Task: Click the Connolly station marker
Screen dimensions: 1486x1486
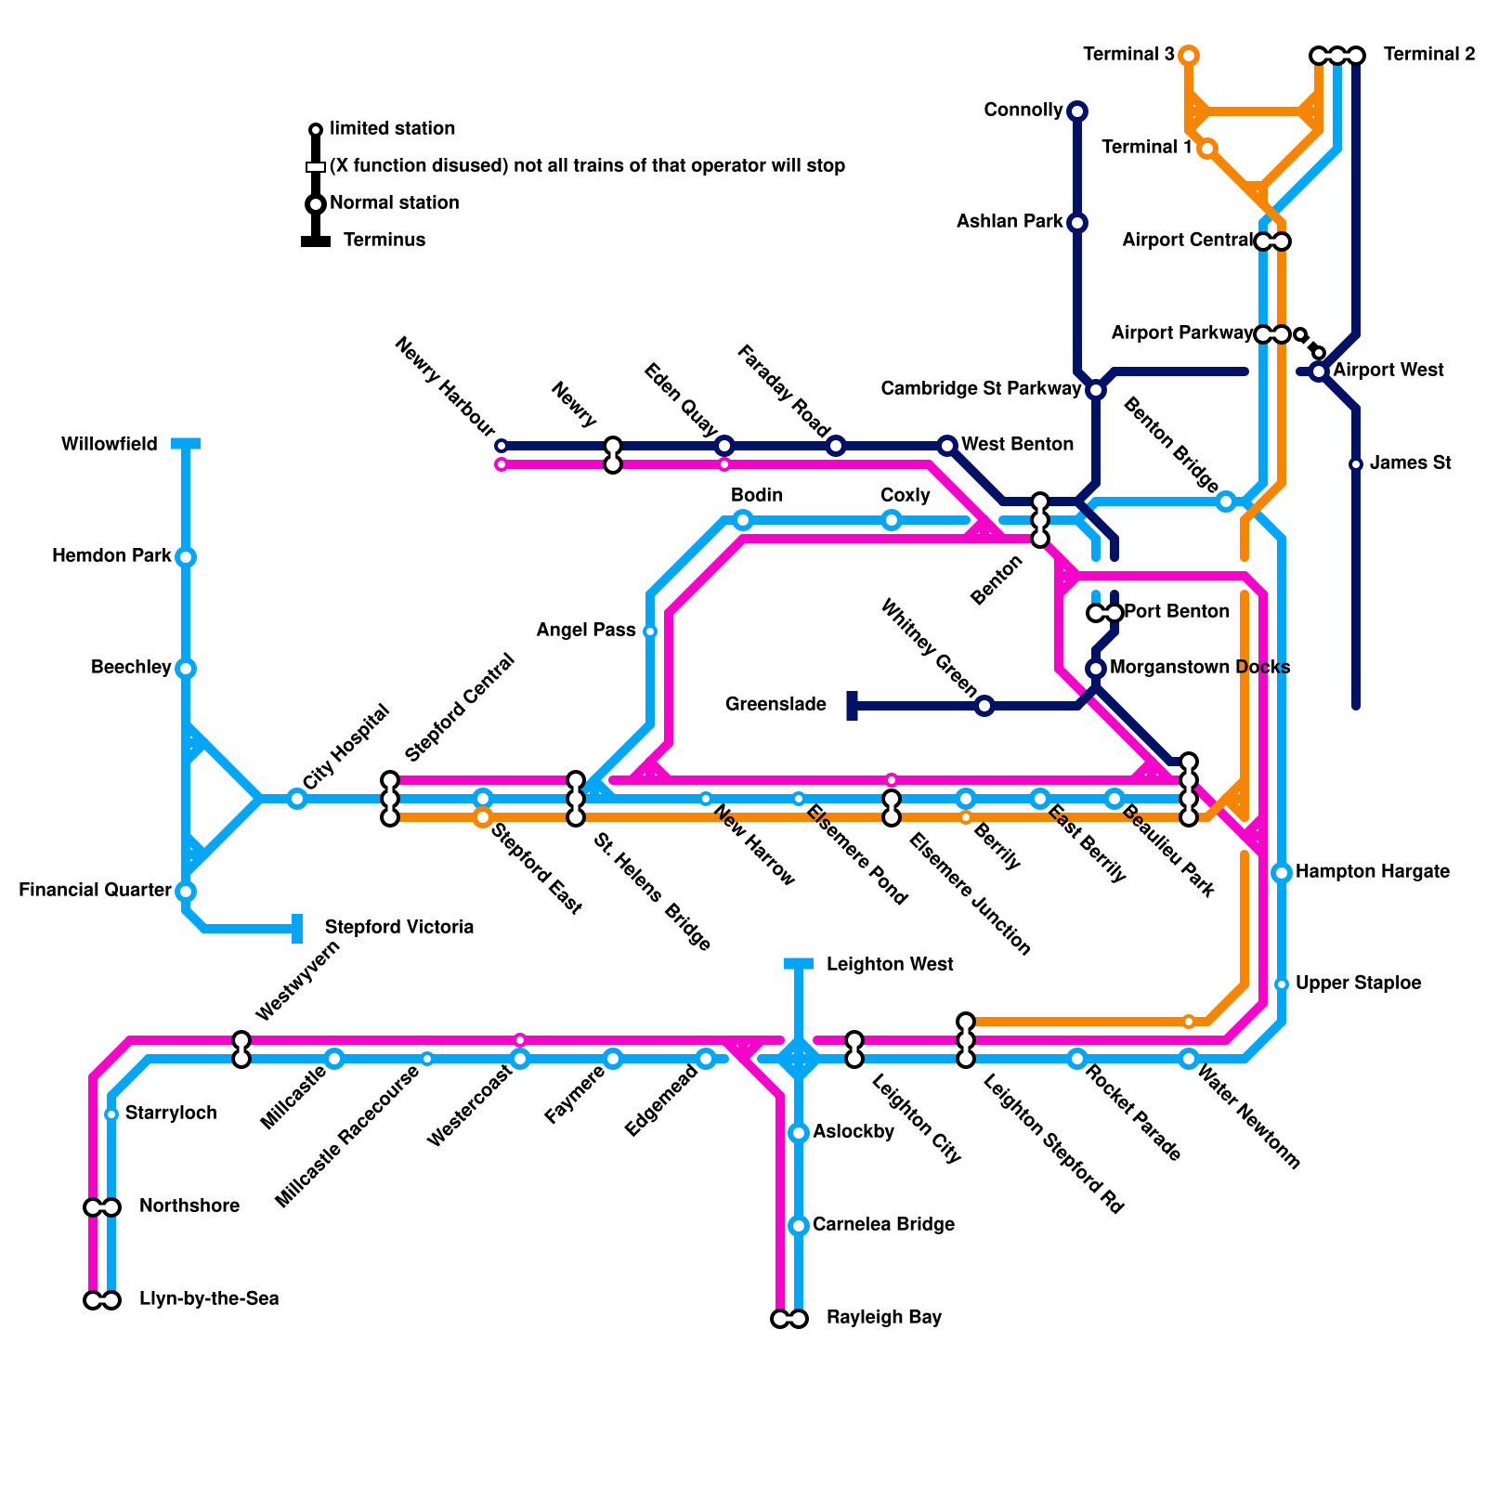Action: coord(1077,111)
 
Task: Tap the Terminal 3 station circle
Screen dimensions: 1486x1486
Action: coord(1189,56)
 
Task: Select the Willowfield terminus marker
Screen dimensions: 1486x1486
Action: coord(186,444)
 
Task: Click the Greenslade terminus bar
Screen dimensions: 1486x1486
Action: coord(852,706)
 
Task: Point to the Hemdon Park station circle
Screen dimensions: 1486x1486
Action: coord(186,557)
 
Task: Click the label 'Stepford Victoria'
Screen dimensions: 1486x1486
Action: coord(399,927)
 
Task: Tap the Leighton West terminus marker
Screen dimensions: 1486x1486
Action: coord(799,964)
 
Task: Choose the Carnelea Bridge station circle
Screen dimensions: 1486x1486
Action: coord(799,1226)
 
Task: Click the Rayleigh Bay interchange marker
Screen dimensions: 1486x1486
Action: coord(789,1319)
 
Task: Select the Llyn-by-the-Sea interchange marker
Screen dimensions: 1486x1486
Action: coord(102,1300)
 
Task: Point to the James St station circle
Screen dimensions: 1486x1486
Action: coord(1356,464)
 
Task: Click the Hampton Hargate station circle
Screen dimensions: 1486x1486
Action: coord(1282,873)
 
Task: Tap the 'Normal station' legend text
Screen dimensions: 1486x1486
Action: coord(395,202)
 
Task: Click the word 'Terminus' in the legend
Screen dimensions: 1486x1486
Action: coord(385,240)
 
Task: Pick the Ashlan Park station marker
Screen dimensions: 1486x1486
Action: coord(1077,223)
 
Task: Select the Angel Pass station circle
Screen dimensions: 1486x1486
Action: coord(650,632)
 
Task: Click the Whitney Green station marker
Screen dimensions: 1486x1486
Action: coord(984,706)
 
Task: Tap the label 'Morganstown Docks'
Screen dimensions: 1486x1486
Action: coord(1200,667)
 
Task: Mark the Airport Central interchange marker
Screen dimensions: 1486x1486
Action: coord(1272,241)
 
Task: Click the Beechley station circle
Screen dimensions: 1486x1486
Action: coord(186,669)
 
